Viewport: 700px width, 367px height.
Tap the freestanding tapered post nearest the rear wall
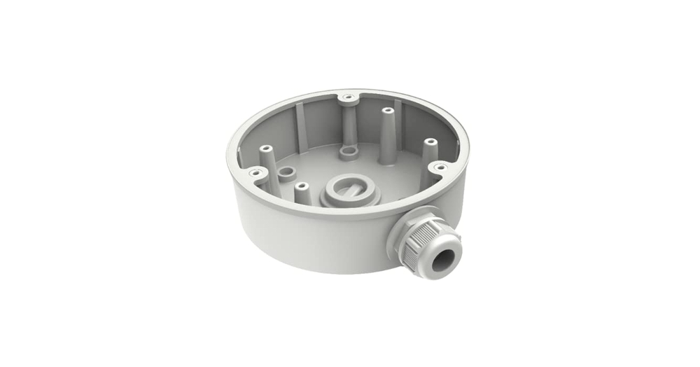(386, 133)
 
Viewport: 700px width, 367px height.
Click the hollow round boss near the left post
(286, 172)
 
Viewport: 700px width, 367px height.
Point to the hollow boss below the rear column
(346, 151)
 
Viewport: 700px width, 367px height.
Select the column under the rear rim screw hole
(347, 123)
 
